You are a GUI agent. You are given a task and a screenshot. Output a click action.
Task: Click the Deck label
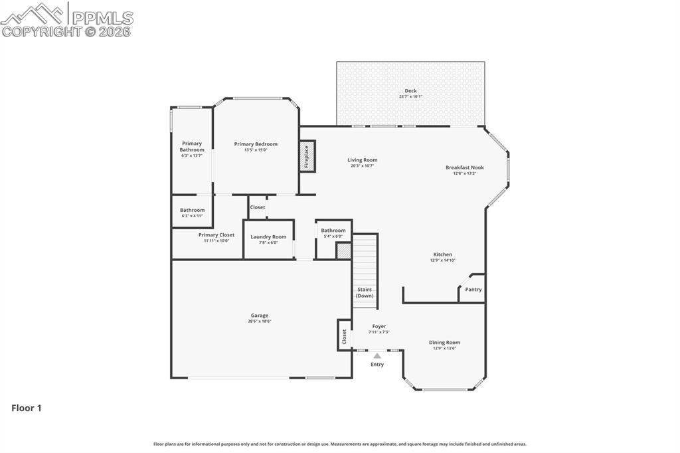tap(410, 91)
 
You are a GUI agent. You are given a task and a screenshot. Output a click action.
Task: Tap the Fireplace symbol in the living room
tap(307, 156)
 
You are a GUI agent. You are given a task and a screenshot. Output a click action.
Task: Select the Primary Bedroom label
tap(256, 144)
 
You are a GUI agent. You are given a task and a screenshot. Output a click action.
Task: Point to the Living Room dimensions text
tap(362, 166)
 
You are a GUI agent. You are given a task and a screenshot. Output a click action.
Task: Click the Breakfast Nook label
tap(464, 167)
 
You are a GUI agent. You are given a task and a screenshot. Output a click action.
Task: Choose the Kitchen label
tap(442, 254)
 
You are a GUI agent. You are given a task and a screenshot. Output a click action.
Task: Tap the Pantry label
tap(473, 290)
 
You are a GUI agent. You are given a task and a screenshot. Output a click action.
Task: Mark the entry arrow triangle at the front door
tap(377, 356)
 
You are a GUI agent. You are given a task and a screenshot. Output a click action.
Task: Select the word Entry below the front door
tap(377, 365)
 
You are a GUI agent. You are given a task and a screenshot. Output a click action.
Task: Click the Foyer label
tap(379, 326)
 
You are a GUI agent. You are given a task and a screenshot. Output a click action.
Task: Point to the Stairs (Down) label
tap(365, 292)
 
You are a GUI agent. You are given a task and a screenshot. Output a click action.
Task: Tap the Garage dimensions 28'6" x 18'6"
tap(260, 321)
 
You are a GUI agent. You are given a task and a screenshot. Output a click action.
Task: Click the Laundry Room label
tap(268, 236)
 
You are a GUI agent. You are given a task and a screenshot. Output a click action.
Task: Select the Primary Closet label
tap(216, 234)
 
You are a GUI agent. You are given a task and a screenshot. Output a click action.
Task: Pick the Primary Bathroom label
tap(192, 146)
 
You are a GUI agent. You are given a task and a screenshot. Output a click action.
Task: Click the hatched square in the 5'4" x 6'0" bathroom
tap(343, 251)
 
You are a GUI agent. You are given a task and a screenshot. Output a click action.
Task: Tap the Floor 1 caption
tap(27, 408)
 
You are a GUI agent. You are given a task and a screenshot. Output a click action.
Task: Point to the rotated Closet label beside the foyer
tap(344, 336)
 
